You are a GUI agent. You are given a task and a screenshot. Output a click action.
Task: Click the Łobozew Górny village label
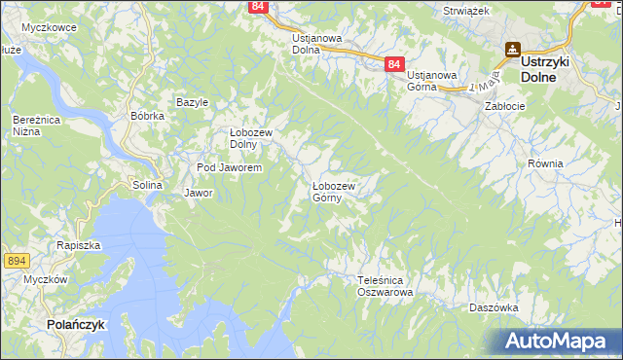[x=334, y=191]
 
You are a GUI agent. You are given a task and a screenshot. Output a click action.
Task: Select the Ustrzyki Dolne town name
[x=552, y=66]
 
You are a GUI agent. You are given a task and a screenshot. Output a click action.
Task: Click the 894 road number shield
[x=15, y=260]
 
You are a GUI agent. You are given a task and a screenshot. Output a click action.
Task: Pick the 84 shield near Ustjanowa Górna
[x=393, y=63]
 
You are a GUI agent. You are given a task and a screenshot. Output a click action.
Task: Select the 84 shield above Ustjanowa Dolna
[x=257, y=6]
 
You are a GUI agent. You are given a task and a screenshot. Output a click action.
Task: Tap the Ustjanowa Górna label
[x=432, y=81]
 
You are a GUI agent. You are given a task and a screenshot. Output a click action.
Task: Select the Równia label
[x=545, y=163]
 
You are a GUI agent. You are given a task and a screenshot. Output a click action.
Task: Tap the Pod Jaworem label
[x=229, y=168]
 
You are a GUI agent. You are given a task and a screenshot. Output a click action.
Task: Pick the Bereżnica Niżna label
[x=31, y=125]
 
